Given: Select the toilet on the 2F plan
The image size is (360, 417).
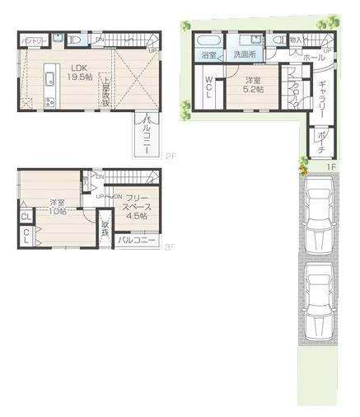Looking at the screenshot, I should (75, 39).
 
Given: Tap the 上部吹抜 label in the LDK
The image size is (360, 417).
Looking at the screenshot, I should (106, 88).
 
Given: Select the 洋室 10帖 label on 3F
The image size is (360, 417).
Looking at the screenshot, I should (57, 208).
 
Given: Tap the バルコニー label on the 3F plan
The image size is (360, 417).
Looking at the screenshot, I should (136, 241).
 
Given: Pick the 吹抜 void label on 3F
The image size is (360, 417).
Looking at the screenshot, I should (105, 228).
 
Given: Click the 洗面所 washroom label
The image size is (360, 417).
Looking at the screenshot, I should (245, 54).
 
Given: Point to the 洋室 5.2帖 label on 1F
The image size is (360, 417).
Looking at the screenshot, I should (254, 84).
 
